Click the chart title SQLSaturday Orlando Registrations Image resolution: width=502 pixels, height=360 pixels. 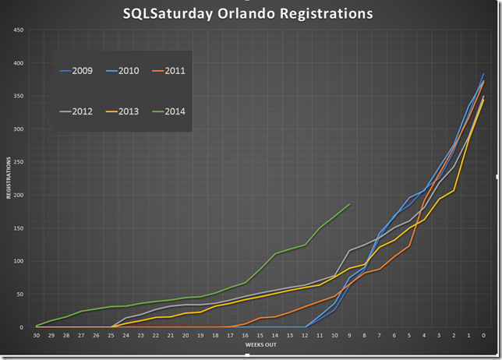[248, 14]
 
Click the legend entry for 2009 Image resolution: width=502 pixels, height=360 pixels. [82, 71]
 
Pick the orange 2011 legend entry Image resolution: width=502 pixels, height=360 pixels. [175, 71]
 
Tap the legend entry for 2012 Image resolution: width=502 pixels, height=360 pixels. [82, 111]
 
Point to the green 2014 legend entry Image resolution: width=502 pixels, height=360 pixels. [175, 111]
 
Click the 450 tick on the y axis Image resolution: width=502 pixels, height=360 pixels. [19, 30]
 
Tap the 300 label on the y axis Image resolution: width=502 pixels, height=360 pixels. [19, 129]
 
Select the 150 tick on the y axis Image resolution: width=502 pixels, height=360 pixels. [19, 228]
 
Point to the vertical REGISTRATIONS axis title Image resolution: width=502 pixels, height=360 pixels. [9, 178]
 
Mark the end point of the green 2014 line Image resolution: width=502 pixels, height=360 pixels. [349, 204]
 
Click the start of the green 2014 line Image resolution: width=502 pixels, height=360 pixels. [37, 326]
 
